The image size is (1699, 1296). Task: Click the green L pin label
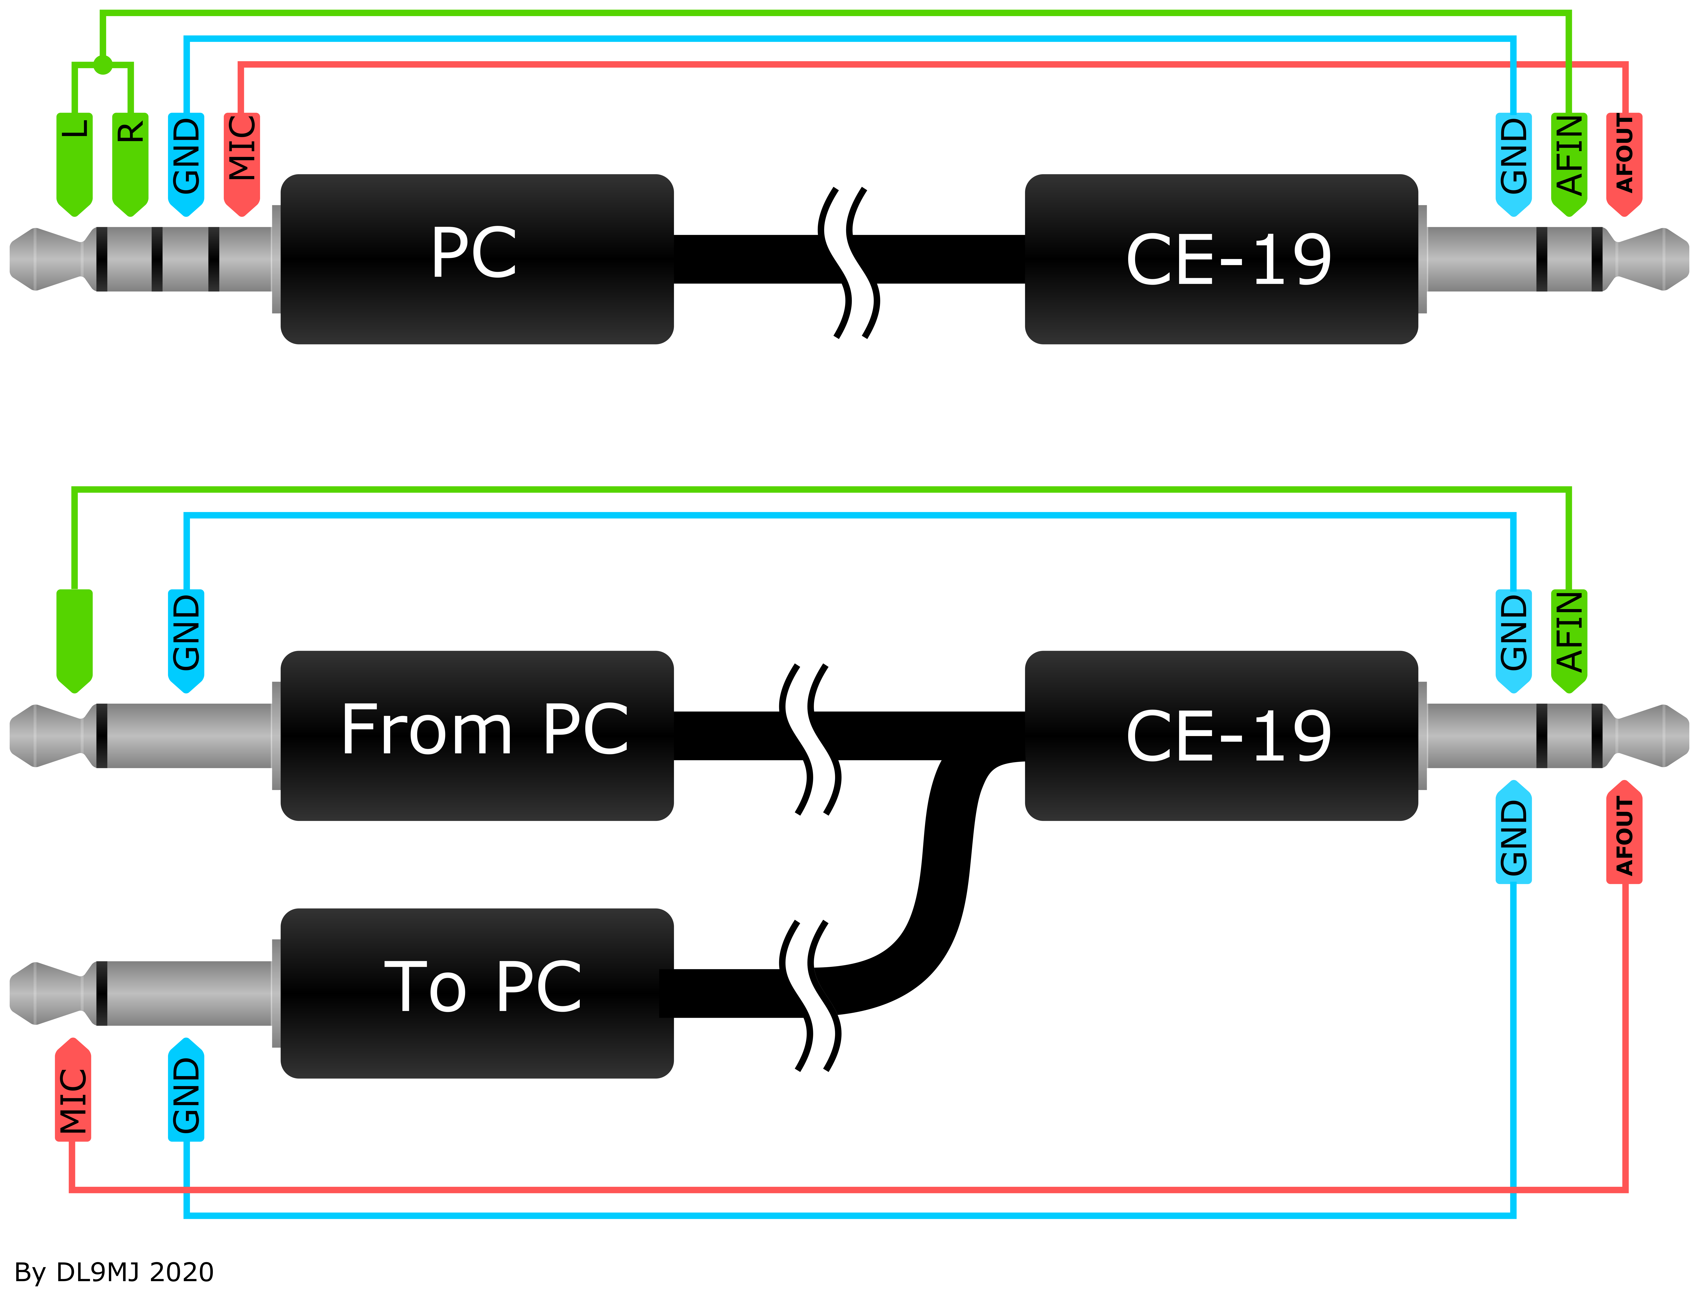click(74, 164)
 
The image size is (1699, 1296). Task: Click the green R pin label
click(130, 164)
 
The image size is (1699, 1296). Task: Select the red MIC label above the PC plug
click(242, 164)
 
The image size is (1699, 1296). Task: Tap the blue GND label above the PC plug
click(186, 164)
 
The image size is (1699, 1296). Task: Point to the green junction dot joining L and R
click(103, 65)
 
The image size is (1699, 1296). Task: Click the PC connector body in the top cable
click(477, 259)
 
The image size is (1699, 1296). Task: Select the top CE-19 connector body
click(1221, 259)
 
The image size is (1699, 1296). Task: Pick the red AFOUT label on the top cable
click(1624, 164)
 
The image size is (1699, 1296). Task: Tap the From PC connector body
click(477, 736)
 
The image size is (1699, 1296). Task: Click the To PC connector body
click(477, 994)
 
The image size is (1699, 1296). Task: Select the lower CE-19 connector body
click(1221, 736)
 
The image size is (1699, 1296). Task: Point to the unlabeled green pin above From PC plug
click(74, 641)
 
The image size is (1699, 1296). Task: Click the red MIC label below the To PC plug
click(73, 1089)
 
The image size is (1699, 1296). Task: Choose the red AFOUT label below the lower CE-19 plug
click(1624, 832)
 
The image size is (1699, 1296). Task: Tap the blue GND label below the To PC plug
click(186, 1089)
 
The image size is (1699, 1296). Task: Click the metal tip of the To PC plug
click(46, 994)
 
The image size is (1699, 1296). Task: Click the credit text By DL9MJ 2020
click(114, 1272)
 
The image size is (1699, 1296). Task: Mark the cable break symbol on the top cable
click(848, 262)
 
